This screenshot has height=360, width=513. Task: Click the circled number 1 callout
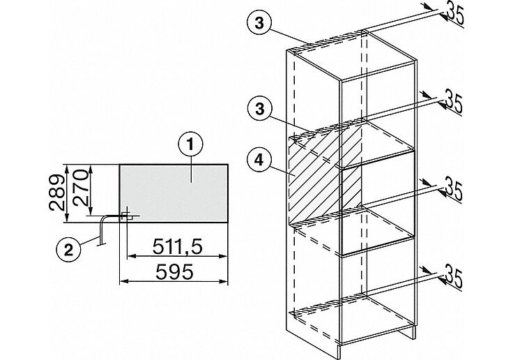[190, 145]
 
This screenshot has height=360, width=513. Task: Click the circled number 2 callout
[68, 250]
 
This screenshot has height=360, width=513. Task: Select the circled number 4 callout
[259, 160]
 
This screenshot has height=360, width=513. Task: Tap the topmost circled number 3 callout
[259, 24]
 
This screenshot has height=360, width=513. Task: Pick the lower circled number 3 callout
[259, 109]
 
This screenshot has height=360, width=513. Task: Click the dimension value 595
[174, 271]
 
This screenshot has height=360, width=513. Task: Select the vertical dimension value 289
[57, 193]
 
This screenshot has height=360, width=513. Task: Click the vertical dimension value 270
[80, 188]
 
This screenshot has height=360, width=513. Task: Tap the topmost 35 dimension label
[455, 13]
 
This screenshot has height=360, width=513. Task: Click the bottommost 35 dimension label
[453, 279]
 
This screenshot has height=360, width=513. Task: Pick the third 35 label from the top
[453, 190]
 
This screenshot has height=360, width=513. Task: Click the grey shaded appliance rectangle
[174, 193]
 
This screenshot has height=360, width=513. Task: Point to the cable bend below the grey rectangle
[102, 219]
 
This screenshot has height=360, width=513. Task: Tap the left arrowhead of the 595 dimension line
[123, 280]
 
